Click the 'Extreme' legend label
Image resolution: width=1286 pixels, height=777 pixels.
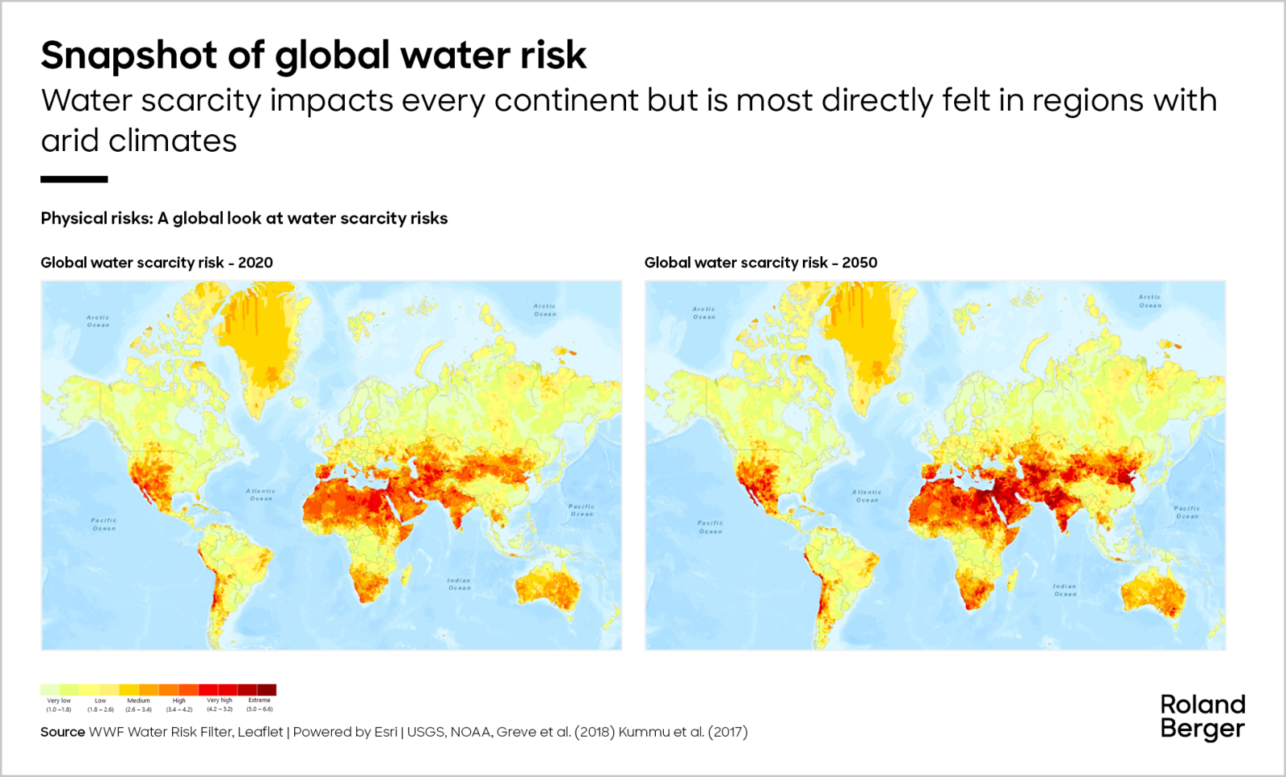tap(259, 701)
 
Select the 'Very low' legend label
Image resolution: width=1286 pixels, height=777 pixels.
tap(59, 701)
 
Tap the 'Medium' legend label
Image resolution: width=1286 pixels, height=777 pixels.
tap(138, 701)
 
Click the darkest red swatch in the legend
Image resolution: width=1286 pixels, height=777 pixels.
tap(267, 689)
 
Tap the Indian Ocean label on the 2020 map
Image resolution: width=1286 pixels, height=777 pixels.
tap(459, 584)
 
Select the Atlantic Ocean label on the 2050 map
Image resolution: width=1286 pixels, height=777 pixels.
tap(866, 496)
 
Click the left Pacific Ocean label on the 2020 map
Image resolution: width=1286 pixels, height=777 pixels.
tap(104, 524)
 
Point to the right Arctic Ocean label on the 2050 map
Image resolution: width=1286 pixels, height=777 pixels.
tap(1149, 301)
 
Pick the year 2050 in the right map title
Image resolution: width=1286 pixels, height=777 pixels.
tap(859, 263)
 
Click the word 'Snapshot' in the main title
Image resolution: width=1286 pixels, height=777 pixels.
tap(129, 55)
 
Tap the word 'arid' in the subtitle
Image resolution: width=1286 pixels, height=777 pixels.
tap(71, 141)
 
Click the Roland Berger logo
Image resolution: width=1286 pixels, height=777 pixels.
tap(1202, 717)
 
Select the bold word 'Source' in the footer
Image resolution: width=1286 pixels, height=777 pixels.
tap(63, 732)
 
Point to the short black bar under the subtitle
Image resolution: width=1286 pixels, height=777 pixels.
tap(74, 179)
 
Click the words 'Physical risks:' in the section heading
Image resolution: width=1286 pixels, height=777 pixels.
tap(96, 219)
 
